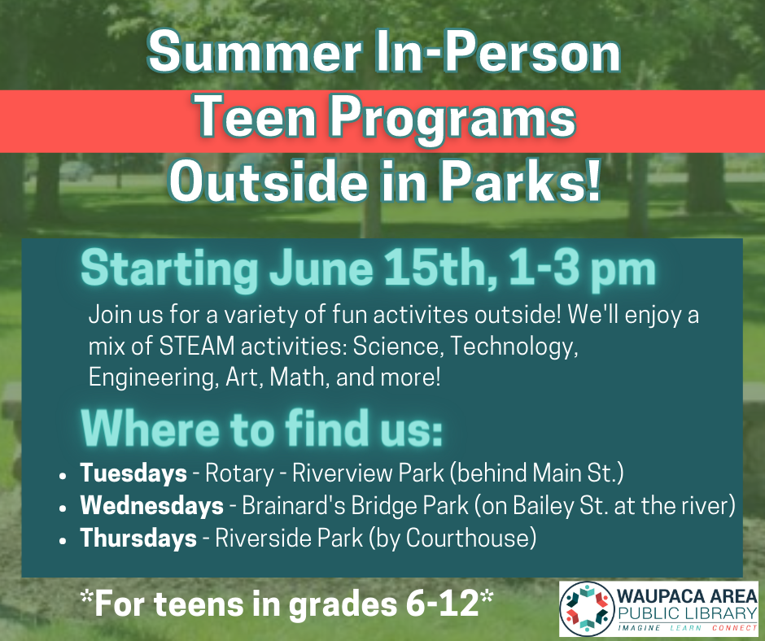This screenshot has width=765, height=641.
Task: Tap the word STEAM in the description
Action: click(197, 347)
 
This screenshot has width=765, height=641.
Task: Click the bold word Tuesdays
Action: click(133, 473)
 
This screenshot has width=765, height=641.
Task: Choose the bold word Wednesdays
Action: click(151, 505)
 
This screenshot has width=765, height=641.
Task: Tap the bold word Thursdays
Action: click(138, 538)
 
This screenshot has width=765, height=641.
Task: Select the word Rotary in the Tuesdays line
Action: click(239, 473)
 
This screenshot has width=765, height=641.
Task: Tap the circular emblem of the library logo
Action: click(587, 608)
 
